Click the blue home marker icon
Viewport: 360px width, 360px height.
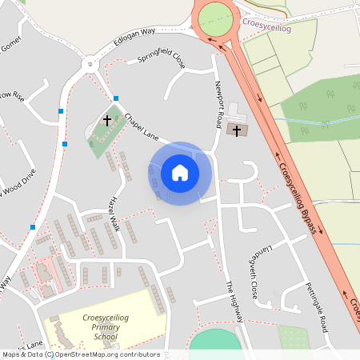pos(180,173)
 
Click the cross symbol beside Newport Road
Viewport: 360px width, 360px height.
pos(237,129)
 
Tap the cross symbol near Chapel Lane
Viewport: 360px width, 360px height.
pos(107,121)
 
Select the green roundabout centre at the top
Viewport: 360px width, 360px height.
pos(215,18)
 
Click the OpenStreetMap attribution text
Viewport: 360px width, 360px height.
pos(80,354)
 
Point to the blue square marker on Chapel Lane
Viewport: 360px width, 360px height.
pos(116,98)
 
